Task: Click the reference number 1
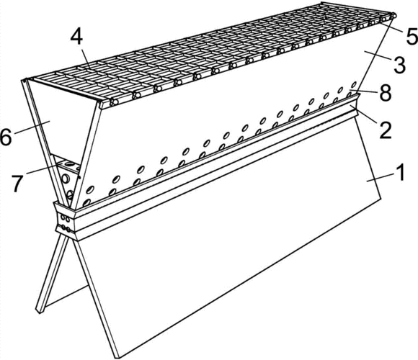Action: [x=400, y=172]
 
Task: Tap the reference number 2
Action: [x=386, y=130]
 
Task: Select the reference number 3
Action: [x=399, y=65]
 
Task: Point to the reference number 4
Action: [x=76, y=38]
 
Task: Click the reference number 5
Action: [x=412, y=36]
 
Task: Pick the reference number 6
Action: [x=6, y=138]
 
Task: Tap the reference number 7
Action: [x=17, y=183]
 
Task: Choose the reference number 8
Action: [x=386, y=93]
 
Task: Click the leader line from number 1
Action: [x=380, y=177]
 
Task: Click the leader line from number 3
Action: [x=377, y=56]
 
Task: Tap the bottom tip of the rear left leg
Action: [x=39, y=311]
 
